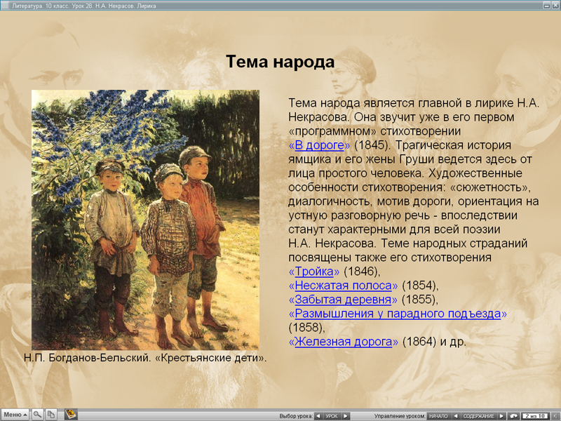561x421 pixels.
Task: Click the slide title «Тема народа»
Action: pyautogui.click(x=280, y=62)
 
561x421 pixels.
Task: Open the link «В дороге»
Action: pyautogui.click(x=319, y=145)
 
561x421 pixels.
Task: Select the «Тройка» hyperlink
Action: pyautogui.click(x=314, y=272)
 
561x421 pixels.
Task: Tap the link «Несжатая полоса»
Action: pyautogui.click(x=343, y=286)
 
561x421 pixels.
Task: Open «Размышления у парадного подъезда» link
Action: pyautogui.click(x=398, y=314)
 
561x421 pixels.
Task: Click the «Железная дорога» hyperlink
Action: pyautogui.click(x=343, y=342)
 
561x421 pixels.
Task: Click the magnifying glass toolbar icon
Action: pyautogui.click(x=37, y=415)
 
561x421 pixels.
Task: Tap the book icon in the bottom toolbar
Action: pyautogui.click(x=71, y=415)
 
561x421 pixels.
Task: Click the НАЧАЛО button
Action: pyautogui.click(x=438, y=416)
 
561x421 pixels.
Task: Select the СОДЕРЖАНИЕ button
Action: pyautogui.click(x=479, y=416)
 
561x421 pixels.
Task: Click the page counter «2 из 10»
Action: pyautogui.click(x=535, y=416)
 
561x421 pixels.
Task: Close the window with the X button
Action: pyautogui.click(x=555, y=6)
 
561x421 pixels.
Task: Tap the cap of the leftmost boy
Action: pyautogui.click(x=109, y=166)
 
